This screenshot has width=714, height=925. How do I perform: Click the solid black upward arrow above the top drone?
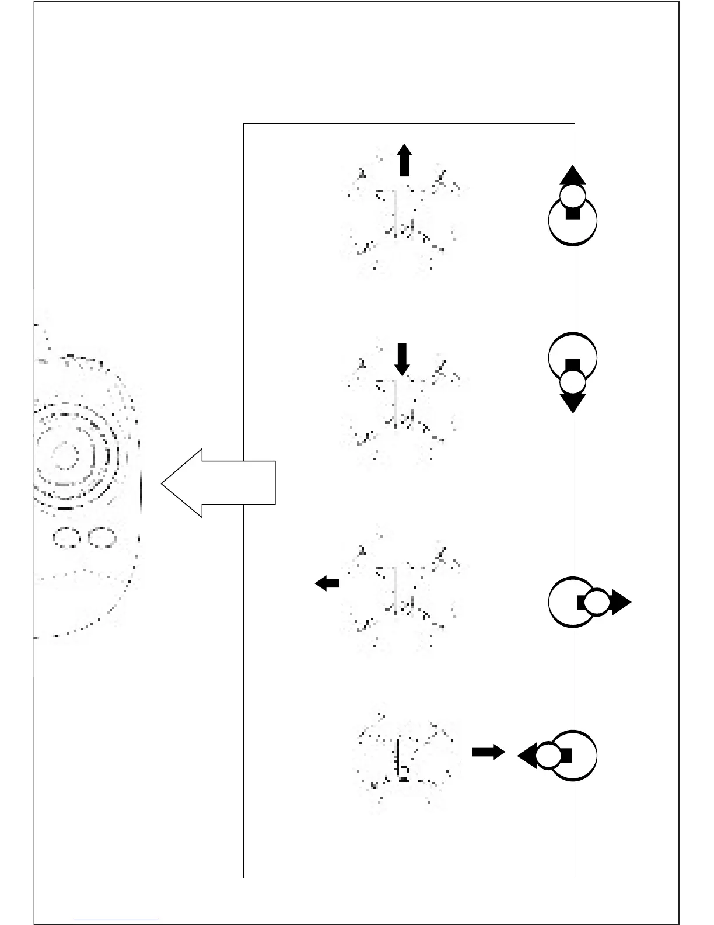(x=404, y=160)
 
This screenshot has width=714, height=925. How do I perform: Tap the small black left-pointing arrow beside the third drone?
(x=327, y=583)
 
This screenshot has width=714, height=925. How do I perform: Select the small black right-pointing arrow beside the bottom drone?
(x=488, y=752)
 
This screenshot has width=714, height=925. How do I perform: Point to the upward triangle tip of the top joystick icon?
(x=573, y=175)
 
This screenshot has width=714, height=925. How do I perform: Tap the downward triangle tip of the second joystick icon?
(x=573, y=403)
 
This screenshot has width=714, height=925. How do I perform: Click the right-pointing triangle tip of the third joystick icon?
(x=622, y=602)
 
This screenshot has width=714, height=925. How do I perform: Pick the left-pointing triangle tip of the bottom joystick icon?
(x=527, y=756)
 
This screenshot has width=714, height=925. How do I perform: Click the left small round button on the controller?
(x=66, y=537)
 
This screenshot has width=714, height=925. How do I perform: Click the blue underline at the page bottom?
(x=116, y=920)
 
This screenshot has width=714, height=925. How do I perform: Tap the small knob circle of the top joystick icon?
(x=573, y=196)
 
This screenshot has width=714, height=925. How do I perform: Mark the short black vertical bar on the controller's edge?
(x=141, y=493)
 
